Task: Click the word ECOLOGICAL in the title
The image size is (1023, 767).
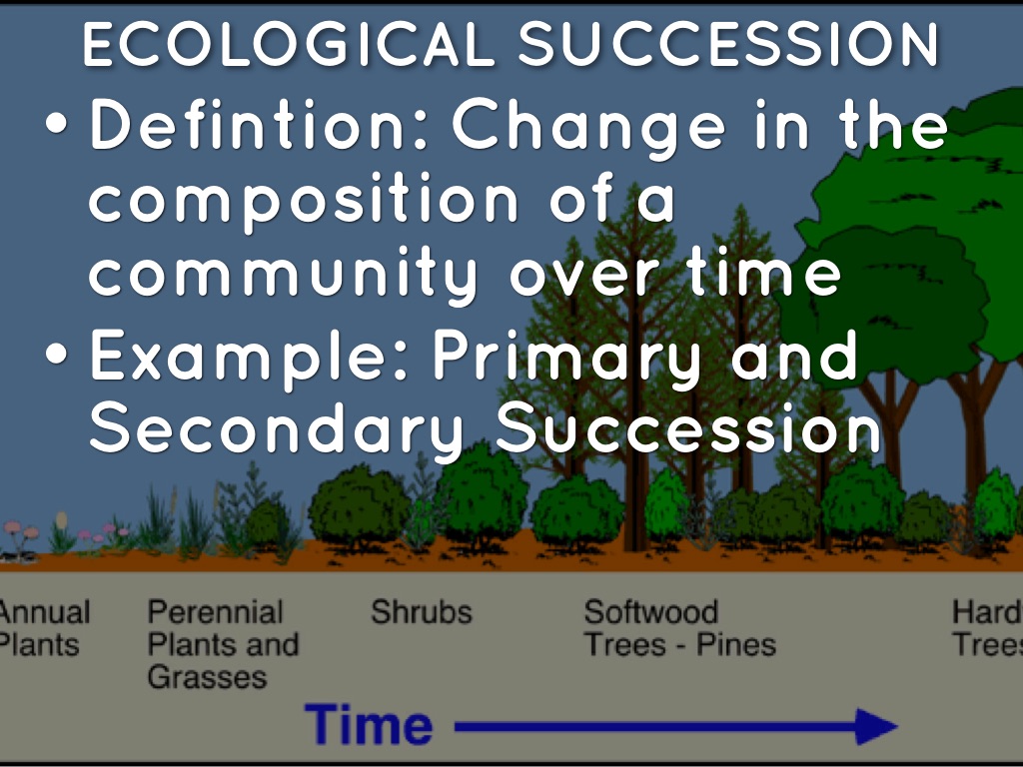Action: [x=288, y=44]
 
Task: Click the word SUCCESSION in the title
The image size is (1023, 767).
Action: [x=728, y=44]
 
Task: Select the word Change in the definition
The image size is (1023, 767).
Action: [x=588, y=128]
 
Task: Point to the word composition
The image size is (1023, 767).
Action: [x=304, y=202]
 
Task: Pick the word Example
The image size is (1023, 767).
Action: [x=249, y=358]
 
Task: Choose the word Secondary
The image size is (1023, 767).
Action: [x=277, y=430]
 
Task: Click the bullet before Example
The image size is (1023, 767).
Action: [x=57, y=353]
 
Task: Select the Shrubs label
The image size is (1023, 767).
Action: [x=422, y=612]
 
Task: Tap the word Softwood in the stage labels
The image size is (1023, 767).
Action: [x=651, y=612]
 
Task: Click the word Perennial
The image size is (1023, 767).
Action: [x=216, y=612]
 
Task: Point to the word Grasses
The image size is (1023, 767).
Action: [x=208, y=677]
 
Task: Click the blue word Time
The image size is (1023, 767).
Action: [x=369, y=725]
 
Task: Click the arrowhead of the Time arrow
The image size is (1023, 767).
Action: [x=877, y=726]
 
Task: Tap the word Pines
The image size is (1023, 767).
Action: [x=736, y=645]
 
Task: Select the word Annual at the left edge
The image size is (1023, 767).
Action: [x=44, y=612]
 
